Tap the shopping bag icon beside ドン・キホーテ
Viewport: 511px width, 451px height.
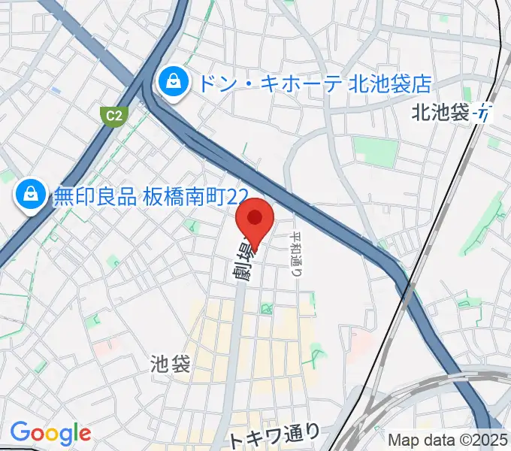pyautogui.click(x=174, y=81)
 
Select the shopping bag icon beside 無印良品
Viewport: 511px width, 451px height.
pyautogui.click(x=29, y=195)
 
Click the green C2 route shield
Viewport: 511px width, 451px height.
pyautogui.click(x=113, y=115)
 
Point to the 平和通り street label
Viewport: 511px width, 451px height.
pyautogui.click(x=297, y=254)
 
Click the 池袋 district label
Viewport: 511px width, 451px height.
pyautogui.click(x=170, y=365)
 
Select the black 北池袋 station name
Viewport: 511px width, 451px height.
pyautogui.click(x=440, y=113)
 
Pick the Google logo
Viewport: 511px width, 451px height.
pyautogui.click(x=50, y=432)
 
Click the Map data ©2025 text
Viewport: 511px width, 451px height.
pyautogui.click(x=449, y=440)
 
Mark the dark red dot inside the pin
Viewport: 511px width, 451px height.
pyautogui.click(x=255, y=218)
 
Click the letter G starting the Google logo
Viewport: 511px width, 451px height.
pyautogui.click(x=18, y=432)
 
